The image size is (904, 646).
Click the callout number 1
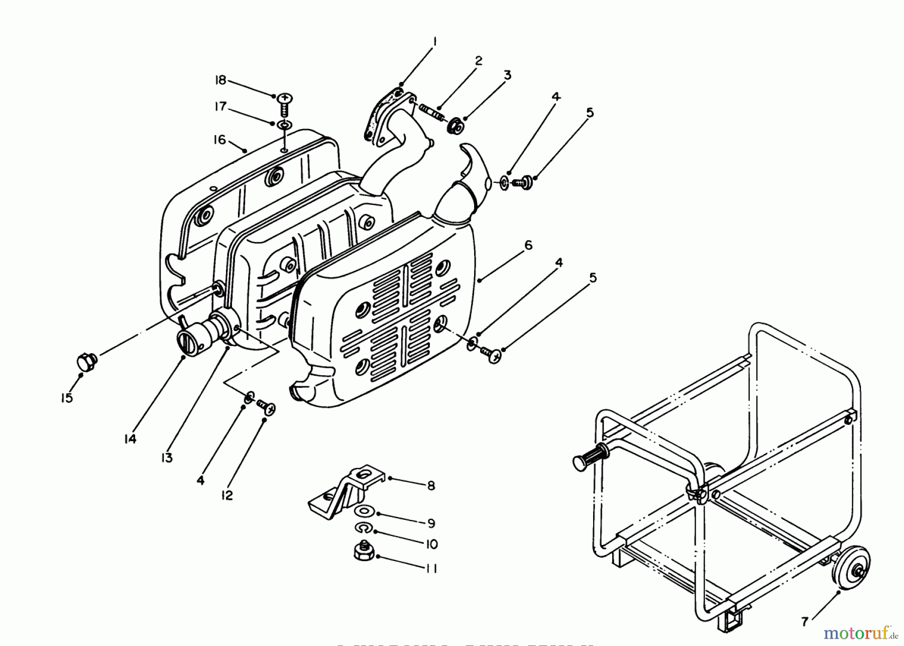coord(435,41)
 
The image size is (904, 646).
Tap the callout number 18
coord(220,80)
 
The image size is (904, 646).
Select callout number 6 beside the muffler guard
coord(528,245)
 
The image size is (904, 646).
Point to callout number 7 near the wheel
coord(805,622)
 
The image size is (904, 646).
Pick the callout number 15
coord(67,398)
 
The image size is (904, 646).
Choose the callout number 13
coord(167,458)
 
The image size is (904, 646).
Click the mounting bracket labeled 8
coord(347,490)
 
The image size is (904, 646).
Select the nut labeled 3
coord(455,126)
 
